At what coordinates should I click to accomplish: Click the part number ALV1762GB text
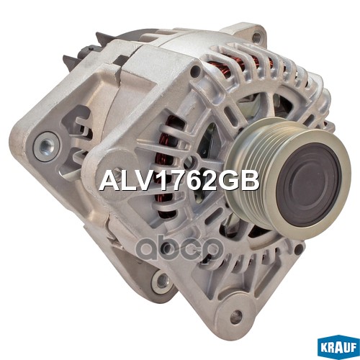coord(178,181)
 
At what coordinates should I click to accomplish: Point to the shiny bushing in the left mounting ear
coord(48,148)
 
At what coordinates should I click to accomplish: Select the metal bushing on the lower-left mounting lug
coord(163,281)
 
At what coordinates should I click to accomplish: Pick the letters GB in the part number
coord(242,181)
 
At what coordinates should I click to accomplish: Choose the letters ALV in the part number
coord(125,181)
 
